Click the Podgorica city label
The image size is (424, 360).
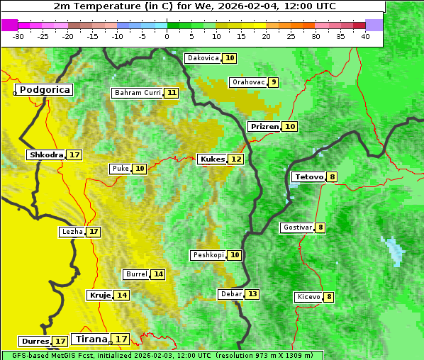(44, 90)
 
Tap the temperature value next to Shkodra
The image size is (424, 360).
(74, 154)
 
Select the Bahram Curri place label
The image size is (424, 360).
(138, 93)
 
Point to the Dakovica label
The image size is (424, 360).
(203, 58)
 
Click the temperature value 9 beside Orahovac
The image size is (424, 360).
(274, 82)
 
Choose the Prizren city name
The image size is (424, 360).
(264, 126)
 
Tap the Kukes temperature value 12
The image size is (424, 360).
(236, 159)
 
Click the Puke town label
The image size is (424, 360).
(120, 169)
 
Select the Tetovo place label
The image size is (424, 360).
(308, 176)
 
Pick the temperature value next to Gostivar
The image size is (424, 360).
(320, 227)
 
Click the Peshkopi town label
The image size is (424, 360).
(208, 255)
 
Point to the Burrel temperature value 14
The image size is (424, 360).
(158, 274)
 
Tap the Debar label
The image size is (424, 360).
(231, 294)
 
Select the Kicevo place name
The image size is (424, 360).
(308, 297)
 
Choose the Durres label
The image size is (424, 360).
(34, 342)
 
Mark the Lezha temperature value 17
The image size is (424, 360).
(94, 232)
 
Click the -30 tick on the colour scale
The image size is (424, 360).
(18, 36)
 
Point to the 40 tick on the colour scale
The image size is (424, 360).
(365, 36)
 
